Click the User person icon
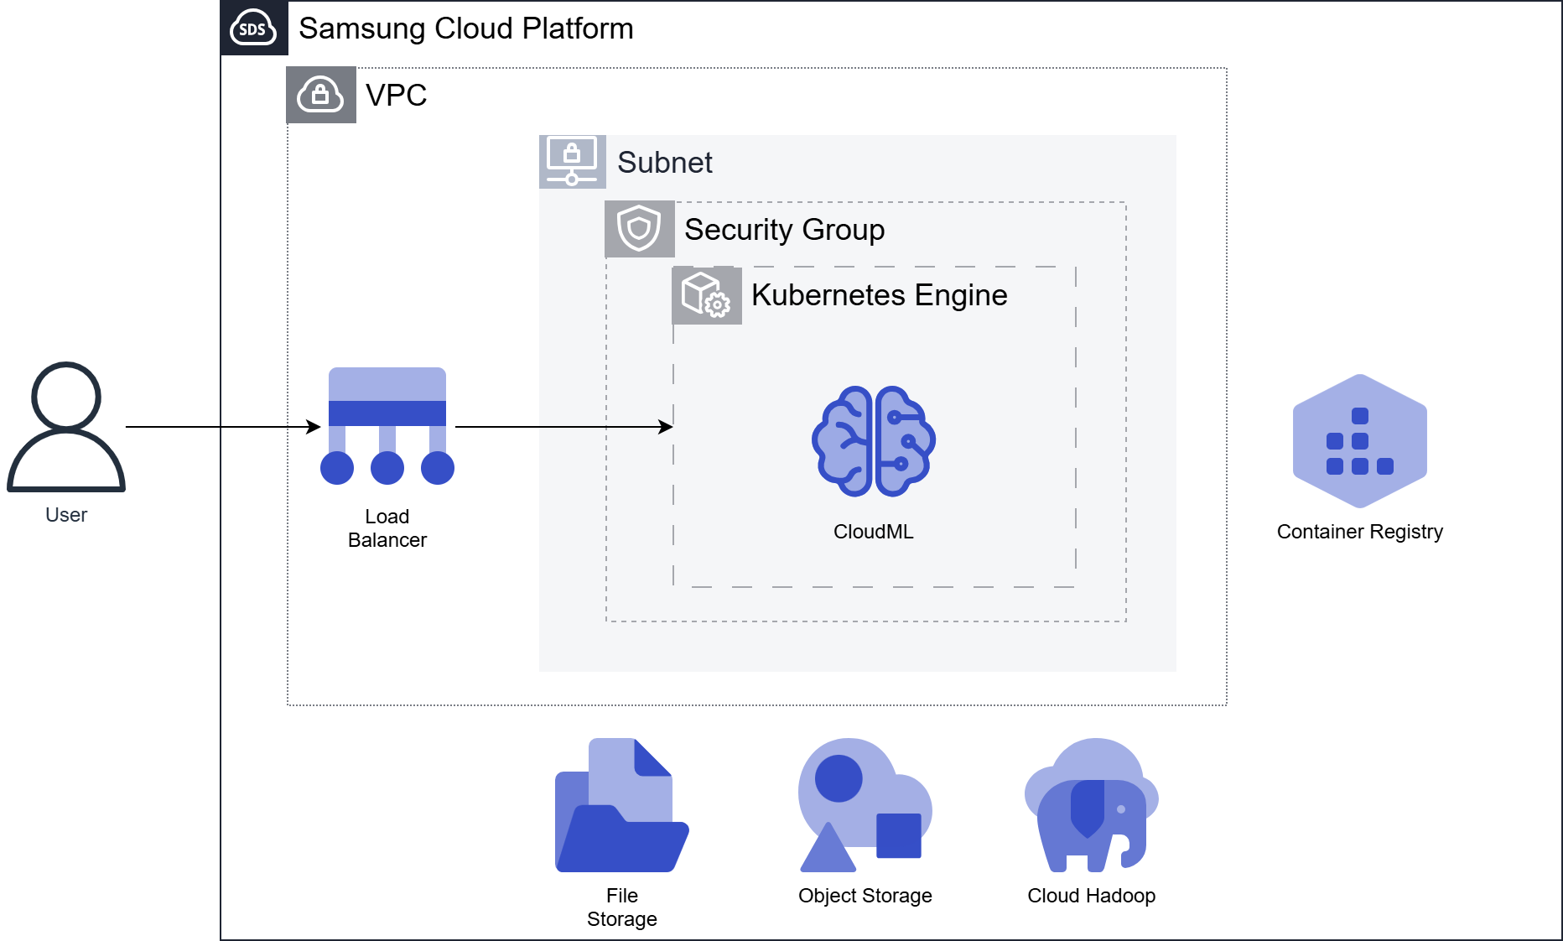coord(66,427)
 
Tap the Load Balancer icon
coord(387,426)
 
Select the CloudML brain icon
coord(873,441)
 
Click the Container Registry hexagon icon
coord(1359,441)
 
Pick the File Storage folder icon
coord(621,806)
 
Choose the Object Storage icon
coord(865,806)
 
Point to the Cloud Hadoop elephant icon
coord(1091,806)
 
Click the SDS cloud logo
coord(253,29)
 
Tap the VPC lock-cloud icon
coord(321,95)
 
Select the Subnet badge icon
coord(572,161)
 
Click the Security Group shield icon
coord(639,229)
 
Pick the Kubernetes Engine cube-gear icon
coord(706,295)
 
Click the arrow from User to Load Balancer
coord(222,427)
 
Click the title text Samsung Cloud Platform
coord(465,29)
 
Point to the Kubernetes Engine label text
coord(879,295)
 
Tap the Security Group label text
coord(784,230)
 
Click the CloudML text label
coord(873,532)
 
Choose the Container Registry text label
coord(1359,532)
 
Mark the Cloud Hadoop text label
coord(1091,896)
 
